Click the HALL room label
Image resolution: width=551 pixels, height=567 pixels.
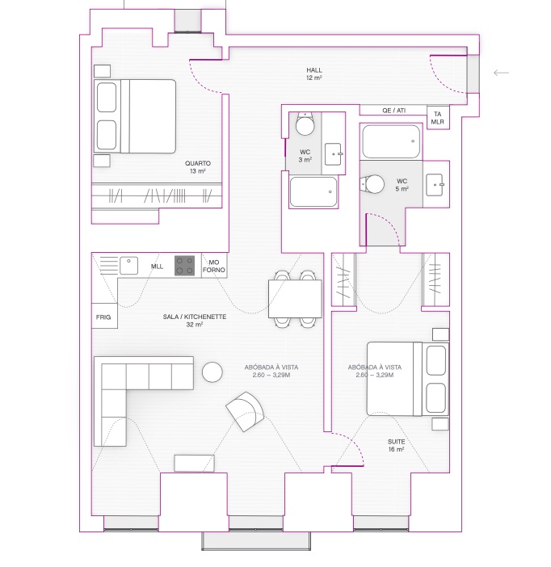pyautogui.click(x=314, y=70)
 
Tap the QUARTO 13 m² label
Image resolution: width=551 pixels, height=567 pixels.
pyautogui.click(x=197, y=167)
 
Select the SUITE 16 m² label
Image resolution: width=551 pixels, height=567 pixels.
pyautogui.click(x=396, y=446)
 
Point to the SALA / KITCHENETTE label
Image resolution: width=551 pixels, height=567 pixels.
pyautogui.click(x=195, y=317)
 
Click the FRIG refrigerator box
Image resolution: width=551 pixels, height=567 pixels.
pyautogui.click(x=104, y=316)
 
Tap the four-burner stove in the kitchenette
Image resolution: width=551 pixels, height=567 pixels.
pyautogui.click(x=184, y=266)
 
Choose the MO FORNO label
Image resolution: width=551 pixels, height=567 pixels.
pyautogui.click(x=214, y=267)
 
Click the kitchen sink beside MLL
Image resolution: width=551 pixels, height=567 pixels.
pyautogui.click(x=128, y=266)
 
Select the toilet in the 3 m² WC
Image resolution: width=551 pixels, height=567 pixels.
pyautogui.click(x=305, y=124)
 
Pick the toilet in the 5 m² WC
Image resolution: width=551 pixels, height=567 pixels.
pyautogui.click(x=372, y=184)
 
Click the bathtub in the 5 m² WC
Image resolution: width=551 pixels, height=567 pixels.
pyautogui.click(x=391, y=141)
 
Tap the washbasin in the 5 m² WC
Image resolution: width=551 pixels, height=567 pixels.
pyautogui.click(x=435, y=185)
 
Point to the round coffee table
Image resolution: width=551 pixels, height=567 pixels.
pyautogui.click(x=212, y=372)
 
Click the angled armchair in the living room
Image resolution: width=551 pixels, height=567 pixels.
pyautogui.click(x=245, y=411)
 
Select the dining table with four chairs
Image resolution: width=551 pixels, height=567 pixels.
pyautogui.click(x=295, y=299)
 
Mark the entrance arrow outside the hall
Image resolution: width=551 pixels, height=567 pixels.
pyautogui.click(x=501, y=73)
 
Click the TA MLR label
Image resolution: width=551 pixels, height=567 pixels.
pyautogui.click(x=437, y=118)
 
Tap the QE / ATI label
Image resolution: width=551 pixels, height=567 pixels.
pyautogui.click(x=393, y=111)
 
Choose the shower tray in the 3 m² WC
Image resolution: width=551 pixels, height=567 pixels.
pyautogui.click(x=313, y=191)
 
